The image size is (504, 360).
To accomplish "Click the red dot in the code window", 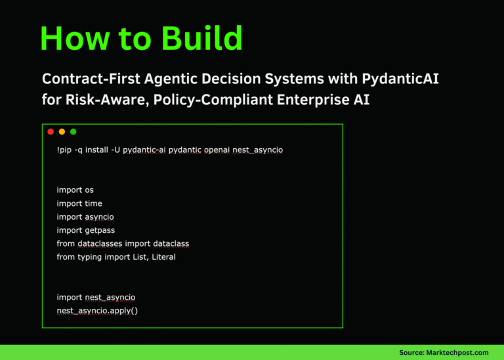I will coord(51,132).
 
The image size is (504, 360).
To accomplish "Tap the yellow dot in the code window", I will coord(62,132).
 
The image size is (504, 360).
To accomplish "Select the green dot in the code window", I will coord(73,132).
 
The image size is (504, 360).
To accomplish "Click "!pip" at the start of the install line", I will coord(64,150).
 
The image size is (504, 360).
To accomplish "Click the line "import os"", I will coord(75,190).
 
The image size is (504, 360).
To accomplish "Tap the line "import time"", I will coord(79,203).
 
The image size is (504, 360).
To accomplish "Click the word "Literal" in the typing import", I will coord(163,257).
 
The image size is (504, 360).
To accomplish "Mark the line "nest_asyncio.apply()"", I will coord(97,310).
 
